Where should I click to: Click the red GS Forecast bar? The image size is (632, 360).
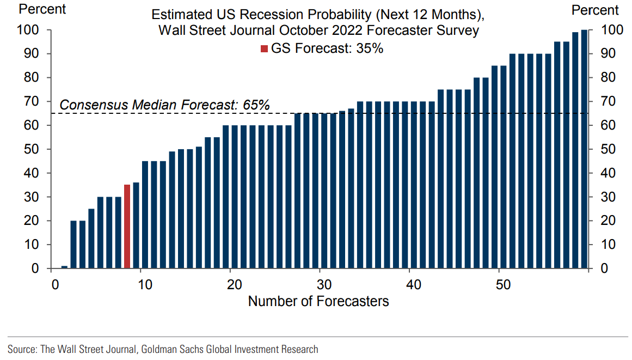(127, 227)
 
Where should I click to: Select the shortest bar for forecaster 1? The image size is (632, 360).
(64, 267)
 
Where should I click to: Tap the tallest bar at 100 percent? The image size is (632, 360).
(584, 149)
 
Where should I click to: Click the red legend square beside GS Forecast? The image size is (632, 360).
(265, 48)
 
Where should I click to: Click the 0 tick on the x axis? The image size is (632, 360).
(55, 285)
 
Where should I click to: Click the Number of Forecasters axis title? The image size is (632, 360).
(318, 301)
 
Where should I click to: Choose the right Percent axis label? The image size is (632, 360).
(595, 10)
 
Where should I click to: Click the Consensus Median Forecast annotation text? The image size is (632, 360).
(164, 105)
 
